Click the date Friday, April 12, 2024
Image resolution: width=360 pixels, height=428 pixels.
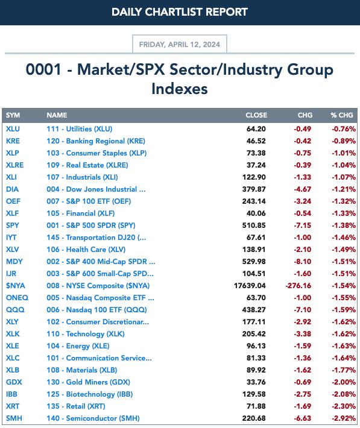tap(180, 44)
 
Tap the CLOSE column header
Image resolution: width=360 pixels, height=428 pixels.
tap(256, 115)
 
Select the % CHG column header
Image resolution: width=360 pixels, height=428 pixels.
tap(342, 115)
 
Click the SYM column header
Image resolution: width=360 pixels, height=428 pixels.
tap(13, 115)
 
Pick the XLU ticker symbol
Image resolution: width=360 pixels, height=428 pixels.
tap(13, 129)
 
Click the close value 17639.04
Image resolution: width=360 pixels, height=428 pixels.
tap(250, 286)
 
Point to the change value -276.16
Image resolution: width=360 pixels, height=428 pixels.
tap(298, 286)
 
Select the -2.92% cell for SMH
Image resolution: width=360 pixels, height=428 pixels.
tap(344, 418)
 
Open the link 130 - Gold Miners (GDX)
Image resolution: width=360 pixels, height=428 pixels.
tap(88, 382)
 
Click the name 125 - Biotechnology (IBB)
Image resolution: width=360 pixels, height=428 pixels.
tap(90, 394)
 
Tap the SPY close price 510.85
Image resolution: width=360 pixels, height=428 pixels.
tap(254, 225)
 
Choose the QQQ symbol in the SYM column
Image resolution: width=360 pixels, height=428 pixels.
tap(15, 309)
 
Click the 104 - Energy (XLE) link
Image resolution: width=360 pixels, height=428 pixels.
tap(78, 346)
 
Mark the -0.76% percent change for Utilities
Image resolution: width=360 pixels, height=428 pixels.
tap(344, 129)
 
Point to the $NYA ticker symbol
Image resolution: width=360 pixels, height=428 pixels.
tap(16, 286)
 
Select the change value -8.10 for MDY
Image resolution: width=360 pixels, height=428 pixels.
tap(302, 262)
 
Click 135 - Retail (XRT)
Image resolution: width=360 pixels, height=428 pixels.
tap(76, 406)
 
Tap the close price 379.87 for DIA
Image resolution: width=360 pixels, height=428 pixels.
tap(254, 189)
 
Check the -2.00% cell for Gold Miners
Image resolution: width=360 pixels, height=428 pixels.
tap(344, 382)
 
